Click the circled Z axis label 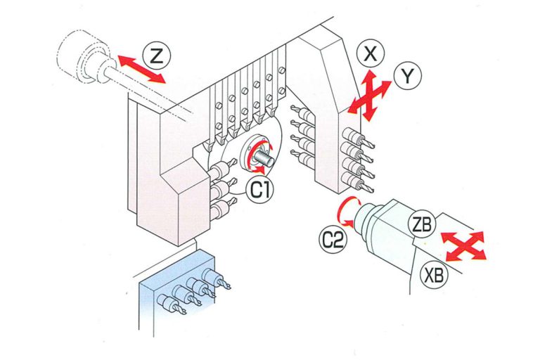tap(157, 56)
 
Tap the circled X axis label tap(371, 54)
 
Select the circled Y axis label tap(407, 76)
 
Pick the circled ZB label tap(422, 224)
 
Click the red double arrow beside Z tap(141, 69)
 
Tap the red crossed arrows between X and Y tap(369, 96)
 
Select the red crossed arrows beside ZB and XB tap(463, 246)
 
